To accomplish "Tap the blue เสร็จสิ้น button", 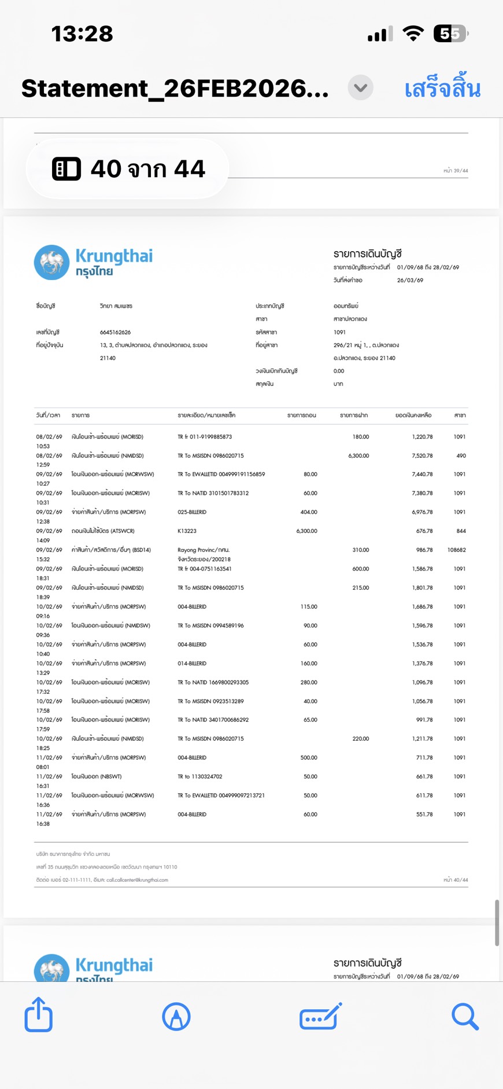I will (x=442, y=89).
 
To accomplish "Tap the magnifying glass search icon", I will (x=465, y=1017).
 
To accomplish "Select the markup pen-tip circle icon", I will (x=176, y=1017).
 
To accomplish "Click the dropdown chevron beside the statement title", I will (x=360, y=88).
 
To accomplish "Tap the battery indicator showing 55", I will (x=450, y=34).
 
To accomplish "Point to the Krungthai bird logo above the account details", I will (x=51, y=262).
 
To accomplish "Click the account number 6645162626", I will (x=115, y=332).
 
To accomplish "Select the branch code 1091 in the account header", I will (x=339, y=332).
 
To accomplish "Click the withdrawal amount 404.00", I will (x=309, y=512).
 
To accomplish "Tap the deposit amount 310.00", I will (x=360, y=550).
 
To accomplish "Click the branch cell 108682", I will (x=456, y=550).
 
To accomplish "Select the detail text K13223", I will (x=187, y=531).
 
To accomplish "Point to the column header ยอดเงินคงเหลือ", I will (x=413, y=415).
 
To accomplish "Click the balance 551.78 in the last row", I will (x=424, y=814).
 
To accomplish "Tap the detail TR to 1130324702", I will (x=199, y=777).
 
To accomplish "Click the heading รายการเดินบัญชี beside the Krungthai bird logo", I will (x=367, y=254).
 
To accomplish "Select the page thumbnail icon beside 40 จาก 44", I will (x=66, y=169).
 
